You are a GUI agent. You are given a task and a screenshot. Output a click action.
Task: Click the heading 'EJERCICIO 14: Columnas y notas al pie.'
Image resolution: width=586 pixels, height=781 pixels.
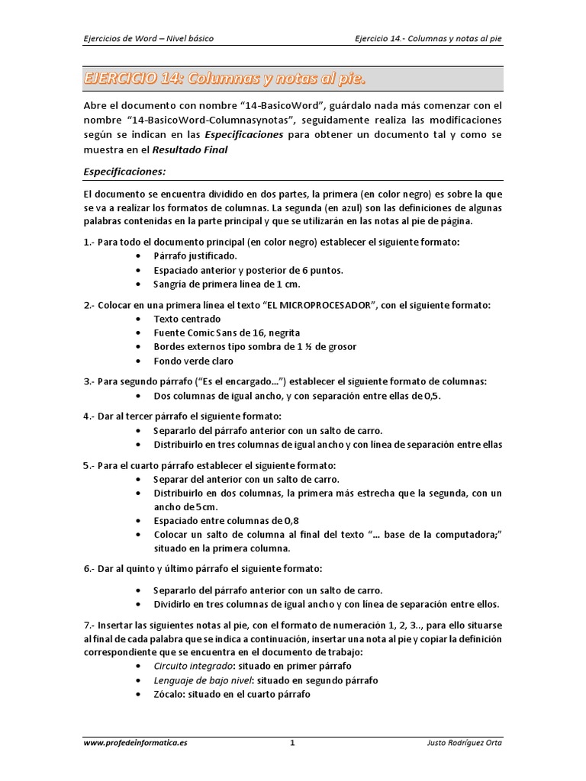tap(224, 79)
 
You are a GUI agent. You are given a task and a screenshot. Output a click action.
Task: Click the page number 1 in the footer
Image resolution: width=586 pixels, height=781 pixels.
tap(292, 743)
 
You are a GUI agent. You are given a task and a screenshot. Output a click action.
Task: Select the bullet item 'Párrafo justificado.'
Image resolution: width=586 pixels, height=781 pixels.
tap(195, 256)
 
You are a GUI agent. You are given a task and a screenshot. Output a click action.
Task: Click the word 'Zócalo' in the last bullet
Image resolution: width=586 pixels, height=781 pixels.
tap(169, 694)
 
